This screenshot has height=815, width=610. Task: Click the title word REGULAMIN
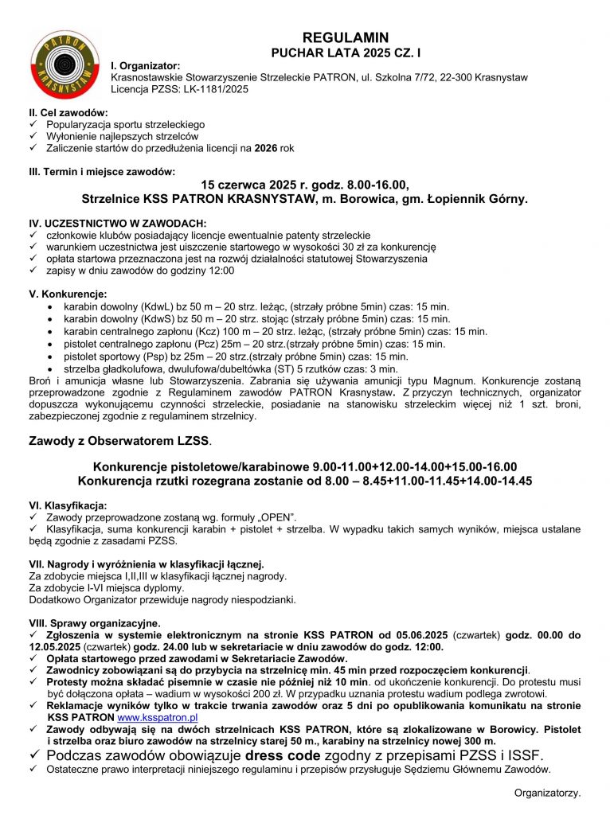click(x=346, y=37)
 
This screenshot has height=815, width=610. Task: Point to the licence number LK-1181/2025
click(x=210, y=90)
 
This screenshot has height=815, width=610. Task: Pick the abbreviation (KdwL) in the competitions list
click(x=160, y=306)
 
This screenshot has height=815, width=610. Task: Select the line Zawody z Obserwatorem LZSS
click(x=120, y=439)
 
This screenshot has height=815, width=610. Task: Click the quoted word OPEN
click(x=280, y=517)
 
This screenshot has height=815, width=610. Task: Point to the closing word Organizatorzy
click(x=547, y=794)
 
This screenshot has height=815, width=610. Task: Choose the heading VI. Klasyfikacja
click(x=68, y=505)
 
